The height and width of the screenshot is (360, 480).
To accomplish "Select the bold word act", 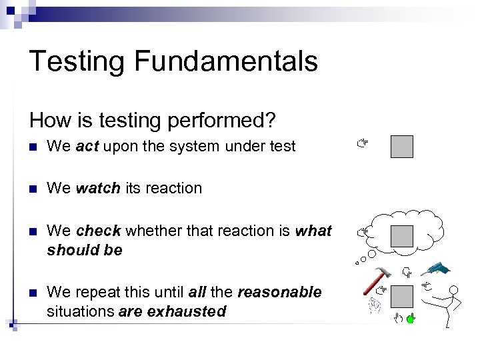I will coord(87,147).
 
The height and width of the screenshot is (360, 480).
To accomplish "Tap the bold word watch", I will coord(96,189).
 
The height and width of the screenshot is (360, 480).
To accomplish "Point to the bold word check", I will coord(99,231).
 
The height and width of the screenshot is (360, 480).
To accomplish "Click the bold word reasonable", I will coord(279,293).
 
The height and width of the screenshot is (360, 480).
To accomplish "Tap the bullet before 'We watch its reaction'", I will coord(33,189).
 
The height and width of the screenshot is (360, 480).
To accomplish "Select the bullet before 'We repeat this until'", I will coord(33,293).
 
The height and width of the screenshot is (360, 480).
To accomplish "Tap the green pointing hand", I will coord(411,318).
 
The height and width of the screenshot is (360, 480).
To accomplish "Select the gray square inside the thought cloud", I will coord(402,235).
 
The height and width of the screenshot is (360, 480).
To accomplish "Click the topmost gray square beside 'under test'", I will coord(402,147).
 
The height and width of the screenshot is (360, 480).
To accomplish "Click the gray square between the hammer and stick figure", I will coord(402,296).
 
